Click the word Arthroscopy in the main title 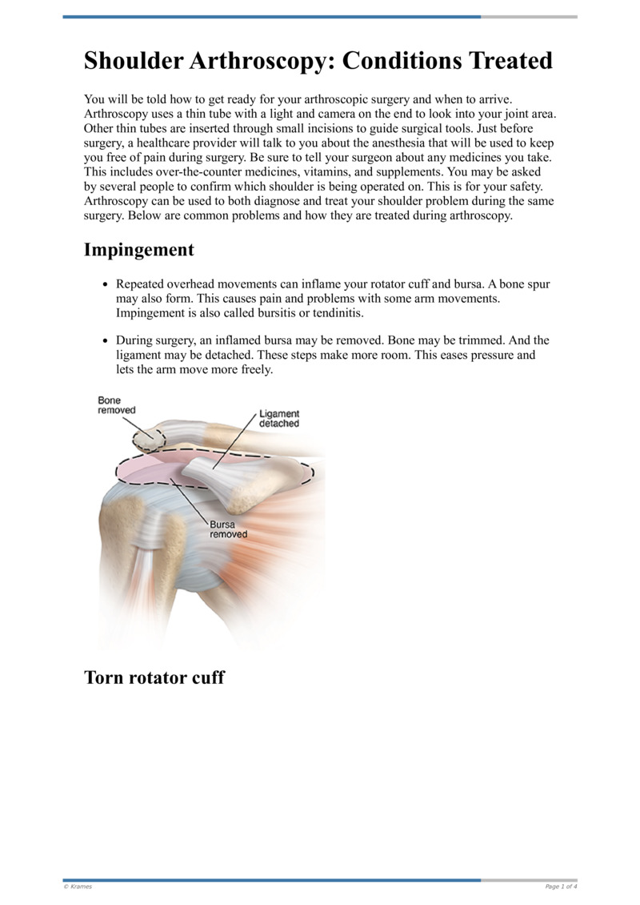265,61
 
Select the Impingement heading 138,250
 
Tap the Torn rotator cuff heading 154,678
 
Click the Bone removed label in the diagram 116,405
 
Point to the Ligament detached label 279,419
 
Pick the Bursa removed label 228,529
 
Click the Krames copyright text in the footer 78,887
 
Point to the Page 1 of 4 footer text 561,887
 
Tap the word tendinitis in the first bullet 335,312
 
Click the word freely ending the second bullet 255,370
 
